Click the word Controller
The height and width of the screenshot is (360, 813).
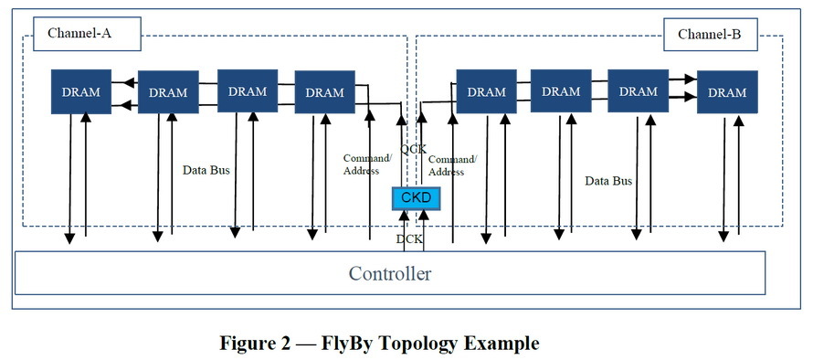(390, 273)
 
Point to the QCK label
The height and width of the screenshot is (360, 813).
(413, 149)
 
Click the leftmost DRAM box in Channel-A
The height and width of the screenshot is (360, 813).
(81, 92)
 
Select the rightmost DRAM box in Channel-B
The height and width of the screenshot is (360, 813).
(727, 92)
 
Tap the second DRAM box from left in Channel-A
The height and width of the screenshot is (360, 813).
(168, 92)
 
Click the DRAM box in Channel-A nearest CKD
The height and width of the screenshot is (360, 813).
(324, 92)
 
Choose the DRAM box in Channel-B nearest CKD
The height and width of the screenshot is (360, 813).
(487, 91)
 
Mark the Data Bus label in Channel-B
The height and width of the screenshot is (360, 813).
(608, 181)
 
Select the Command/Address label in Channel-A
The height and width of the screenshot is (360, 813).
(367, 164)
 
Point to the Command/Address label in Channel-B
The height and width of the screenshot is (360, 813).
(452, 165)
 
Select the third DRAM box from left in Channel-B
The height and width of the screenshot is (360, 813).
(639, 91)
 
